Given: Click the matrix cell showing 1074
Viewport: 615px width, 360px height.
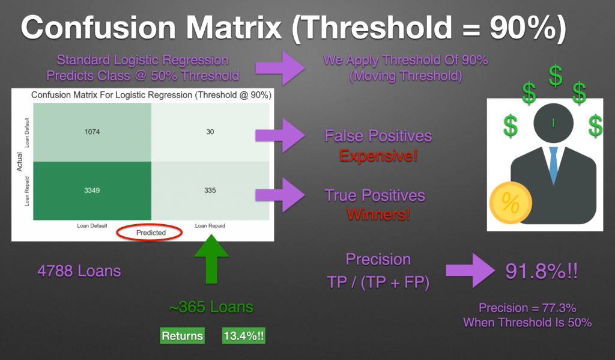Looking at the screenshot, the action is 92,132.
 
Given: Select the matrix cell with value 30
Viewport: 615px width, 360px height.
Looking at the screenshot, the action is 210,132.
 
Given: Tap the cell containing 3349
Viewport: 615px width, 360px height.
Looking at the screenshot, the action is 92,191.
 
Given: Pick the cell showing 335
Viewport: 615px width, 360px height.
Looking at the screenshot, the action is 210,191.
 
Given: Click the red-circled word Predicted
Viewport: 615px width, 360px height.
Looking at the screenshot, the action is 151,233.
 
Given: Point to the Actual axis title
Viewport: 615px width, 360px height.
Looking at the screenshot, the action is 19,162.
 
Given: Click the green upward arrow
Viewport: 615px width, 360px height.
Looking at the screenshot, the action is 211,259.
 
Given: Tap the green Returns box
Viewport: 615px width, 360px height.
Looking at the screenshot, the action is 183,336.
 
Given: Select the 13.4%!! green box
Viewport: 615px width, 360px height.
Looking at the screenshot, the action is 244,336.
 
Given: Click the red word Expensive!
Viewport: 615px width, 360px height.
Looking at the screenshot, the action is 378,156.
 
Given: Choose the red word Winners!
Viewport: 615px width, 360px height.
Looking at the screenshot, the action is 378,215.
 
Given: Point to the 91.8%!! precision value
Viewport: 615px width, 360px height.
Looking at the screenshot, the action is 541,271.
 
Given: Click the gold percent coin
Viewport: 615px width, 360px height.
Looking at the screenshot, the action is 510,203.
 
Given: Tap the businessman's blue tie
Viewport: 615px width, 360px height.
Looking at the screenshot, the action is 553,165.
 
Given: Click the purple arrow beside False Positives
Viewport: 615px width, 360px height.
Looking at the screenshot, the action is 280,135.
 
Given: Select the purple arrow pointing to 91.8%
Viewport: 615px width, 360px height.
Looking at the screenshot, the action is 470,270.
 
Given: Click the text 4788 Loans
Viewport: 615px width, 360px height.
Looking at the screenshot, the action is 79,271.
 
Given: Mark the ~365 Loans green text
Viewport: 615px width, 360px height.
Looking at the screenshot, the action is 211,307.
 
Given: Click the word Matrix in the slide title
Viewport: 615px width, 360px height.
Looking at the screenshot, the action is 234,28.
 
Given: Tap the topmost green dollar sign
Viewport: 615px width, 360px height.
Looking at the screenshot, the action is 556,76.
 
